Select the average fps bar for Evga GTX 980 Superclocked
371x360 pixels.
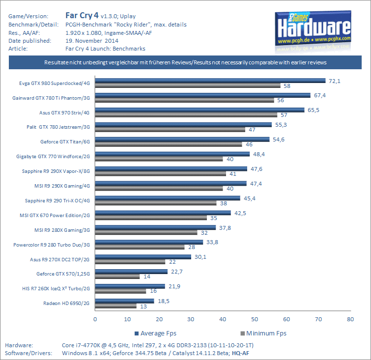[x=210, y=81]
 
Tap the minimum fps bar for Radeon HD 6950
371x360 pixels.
[x=115, y=306]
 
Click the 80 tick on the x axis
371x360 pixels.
[x=350, y=318]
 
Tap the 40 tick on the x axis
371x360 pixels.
[x=223, y=318]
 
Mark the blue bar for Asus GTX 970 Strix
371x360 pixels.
[x=200, y=110]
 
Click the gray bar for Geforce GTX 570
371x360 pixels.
[x=117, y=277]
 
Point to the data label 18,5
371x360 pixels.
[x=163, y=301]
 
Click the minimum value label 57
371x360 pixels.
[x=284, y=115]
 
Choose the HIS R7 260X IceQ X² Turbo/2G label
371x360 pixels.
[x=60, y=289]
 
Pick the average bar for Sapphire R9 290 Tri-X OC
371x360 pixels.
[x=168, y=198]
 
